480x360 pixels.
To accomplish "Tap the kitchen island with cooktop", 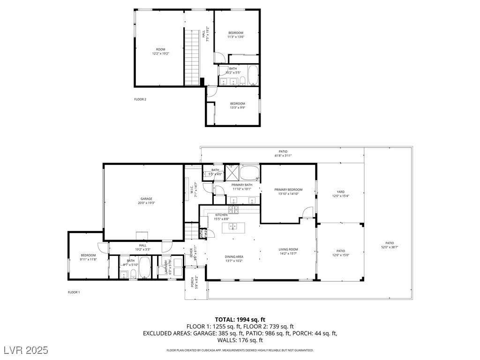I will click(233, 227).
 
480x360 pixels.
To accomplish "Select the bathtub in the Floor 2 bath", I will click(253, 75).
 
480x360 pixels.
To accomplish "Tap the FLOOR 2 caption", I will click(140, 99).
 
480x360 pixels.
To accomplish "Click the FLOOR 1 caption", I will click(74, 292).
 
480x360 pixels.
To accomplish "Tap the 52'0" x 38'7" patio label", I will click(390, 245).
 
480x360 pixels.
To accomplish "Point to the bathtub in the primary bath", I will click(249, 173).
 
